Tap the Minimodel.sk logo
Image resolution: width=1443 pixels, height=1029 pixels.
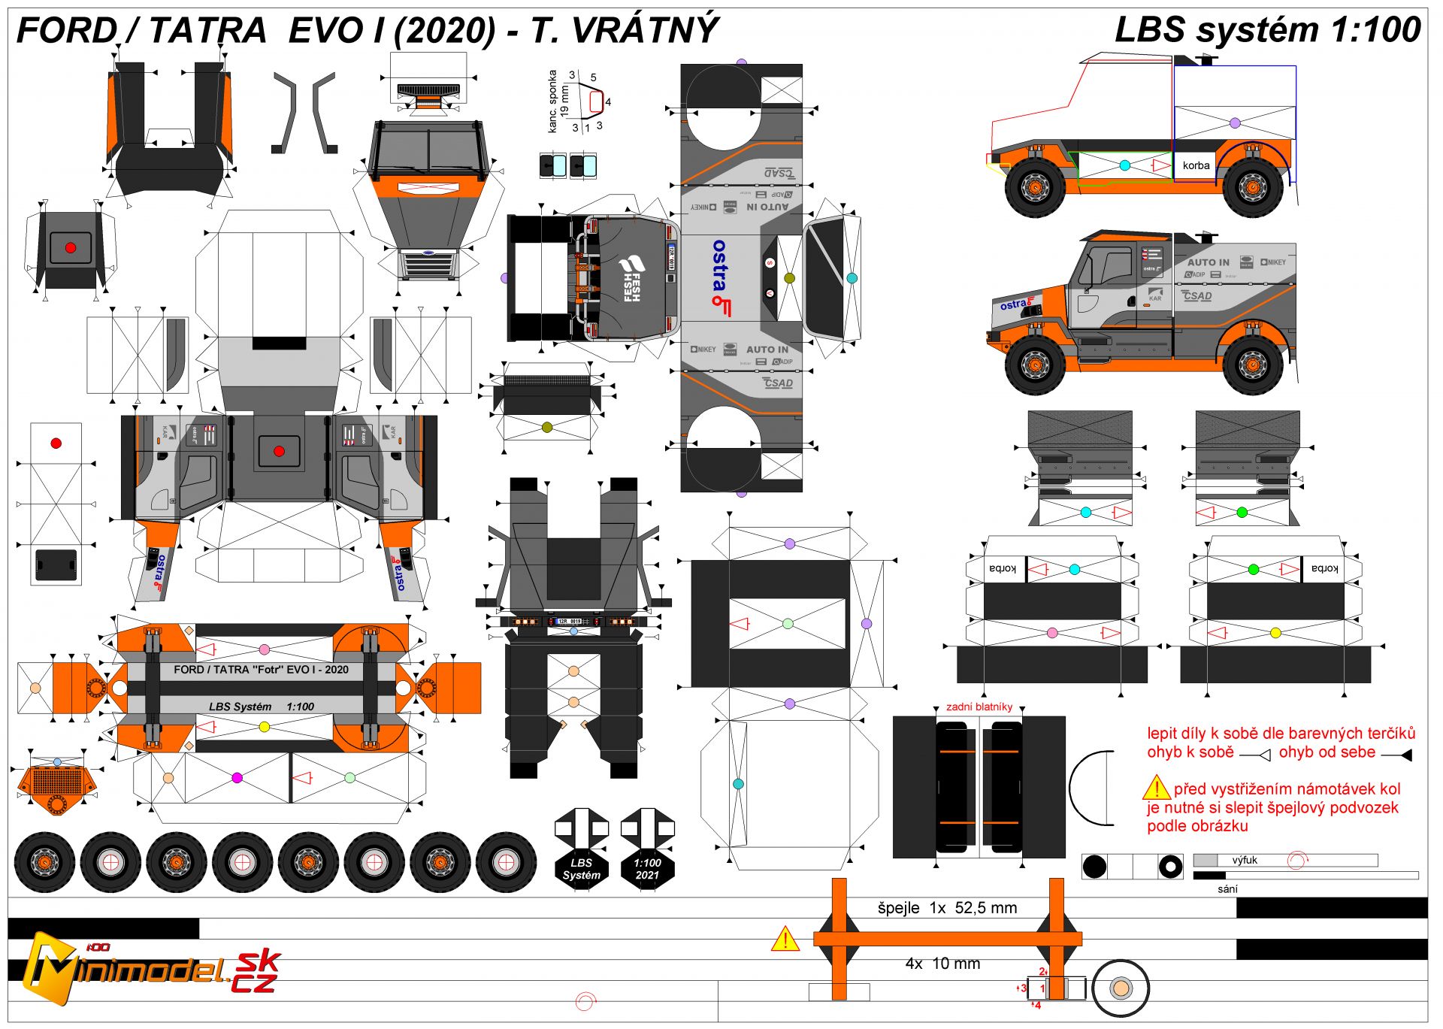[150, 970]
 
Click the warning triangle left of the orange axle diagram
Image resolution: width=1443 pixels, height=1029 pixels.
[785, 939]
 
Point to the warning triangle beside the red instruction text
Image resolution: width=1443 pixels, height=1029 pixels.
[1156, 788]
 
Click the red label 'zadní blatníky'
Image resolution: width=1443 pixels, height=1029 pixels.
[979, 707]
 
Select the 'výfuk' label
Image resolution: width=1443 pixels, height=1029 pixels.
[1245, 860]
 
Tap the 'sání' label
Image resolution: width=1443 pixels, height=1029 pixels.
[1227, 888]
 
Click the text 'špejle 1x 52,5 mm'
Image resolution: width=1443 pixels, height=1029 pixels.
[947, 908]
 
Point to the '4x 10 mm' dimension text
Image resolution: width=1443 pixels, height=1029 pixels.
[942, 964]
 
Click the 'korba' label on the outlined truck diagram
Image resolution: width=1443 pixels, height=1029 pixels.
[1196, 165]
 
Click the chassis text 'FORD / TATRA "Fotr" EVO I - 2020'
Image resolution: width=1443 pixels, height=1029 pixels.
[261, 670]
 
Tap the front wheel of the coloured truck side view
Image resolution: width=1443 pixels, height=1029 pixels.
[1034, 365]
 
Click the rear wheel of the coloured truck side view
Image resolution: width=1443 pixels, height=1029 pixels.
[1252, 365]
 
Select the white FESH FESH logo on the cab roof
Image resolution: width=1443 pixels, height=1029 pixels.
[630, 279]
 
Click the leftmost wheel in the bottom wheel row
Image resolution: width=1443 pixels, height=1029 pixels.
[44, 861]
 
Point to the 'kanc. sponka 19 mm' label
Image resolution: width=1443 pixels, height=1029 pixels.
[558, 101]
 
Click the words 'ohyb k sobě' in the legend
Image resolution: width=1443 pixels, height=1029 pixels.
[1190, 752]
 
